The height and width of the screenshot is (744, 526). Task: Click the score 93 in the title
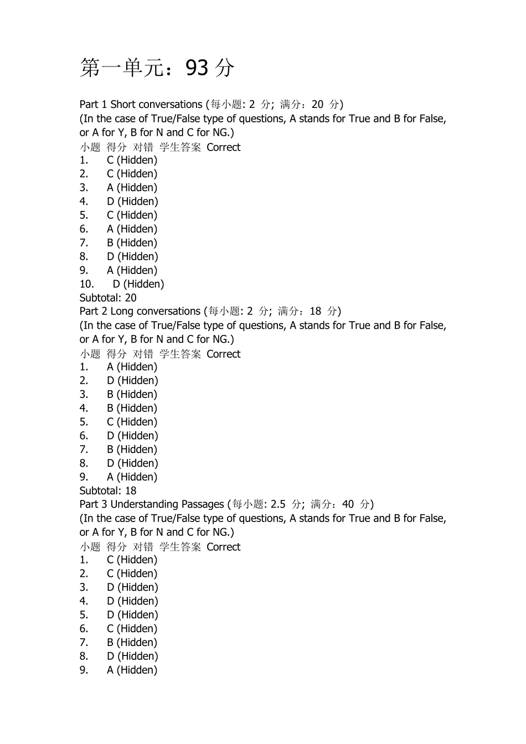tap(197, 68)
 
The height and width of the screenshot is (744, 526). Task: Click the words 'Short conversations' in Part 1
tap(157, 105)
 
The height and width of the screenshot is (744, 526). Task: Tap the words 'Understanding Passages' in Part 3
tap(167, 504)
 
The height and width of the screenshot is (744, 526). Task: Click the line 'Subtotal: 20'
tap(108, 298)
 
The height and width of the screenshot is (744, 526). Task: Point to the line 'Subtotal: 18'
tap(108, 490)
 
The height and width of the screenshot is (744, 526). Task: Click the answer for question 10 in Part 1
tap(138, 284)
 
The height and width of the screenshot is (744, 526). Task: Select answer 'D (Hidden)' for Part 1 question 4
tap(132, 201)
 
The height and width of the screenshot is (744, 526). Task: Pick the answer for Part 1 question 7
tap(132, 243)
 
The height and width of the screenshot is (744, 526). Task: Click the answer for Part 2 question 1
tap(132, 367)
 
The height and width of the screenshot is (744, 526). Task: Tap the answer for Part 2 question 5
tap(132, 422)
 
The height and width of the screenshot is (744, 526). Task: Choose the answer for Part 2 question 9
tap(132, 477)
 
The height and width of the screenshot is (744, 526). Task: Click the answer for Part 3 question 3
tap(132, 587)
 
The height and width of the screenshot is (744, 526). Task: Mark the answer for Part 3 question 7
tap(132, 643)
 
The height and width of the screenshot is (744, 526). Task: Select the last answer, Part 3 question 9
tap(132, 670)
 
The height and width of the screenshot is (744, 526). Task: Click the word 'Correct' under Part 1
tap(224, 147)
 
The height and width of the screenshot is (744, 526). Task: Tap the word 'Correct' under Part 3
tap(224, 547)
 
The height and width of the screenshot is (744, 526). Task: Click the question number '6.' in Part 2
tap(84, 436)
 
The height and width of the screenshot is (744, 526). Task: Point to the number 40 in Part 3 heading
tap(348, 504)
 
